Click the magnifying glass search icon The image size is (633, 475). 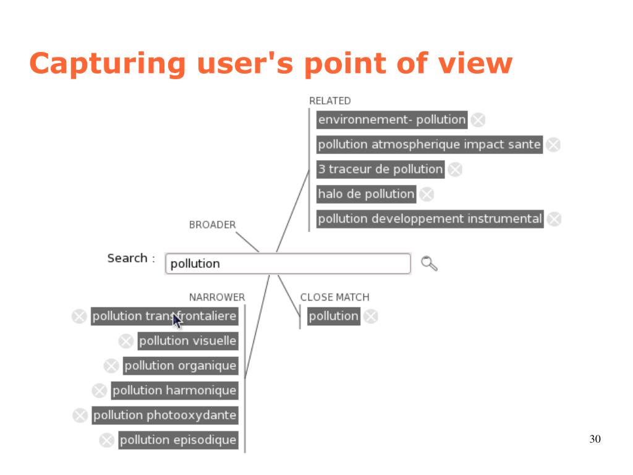pos(429,263)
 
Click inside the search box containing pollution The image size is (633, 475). pos(287,263)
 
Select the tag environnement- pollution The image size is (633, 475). pos(392,119)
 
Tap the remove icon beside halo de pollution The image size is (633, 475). pos(427,194)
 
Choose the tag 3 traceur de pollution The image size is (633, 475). pos(380,169)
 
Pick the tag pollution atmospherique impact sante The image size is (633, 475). pos(429,144)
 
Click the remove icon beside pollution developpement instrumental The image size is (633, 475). pos(554,219)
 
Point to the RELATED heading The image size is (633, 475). pos(329,101)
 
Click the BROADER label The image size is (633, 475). pos(212,225)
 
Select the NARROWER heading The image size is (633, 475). pos(216,297)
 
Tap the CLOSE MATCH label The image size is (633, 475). pos(334,297)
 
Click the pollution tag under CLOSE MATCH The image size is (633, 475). pos(333,316)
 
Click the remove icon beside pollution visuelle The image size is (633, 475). pos(126,341)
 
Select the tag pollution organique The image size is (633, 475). pos(180,366)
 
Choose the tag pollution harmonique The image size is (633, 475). pos(174,390)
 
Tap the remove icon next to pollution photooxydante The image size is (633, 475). pos(80,416)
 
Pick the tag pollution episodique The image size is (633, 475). pos(178,440)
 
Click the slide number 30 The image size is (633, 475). pos(595,440)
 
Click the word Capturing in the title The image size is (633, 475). pos(108,64)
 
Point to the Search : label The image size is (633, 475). pos(130,258)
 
